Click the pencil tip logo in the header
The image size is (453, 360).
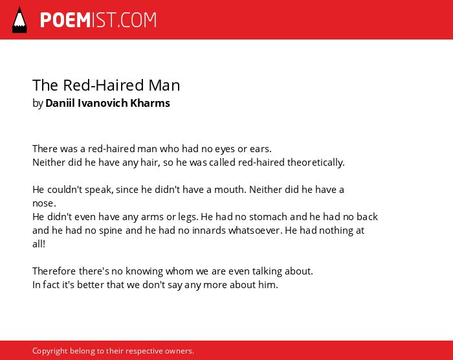19,20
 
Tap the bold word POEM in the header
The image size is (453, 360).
65,20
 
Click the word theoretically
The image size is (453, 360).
316,163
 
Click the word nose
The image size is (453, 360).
44,203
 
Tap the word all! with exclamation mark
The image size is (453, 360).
39,244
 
